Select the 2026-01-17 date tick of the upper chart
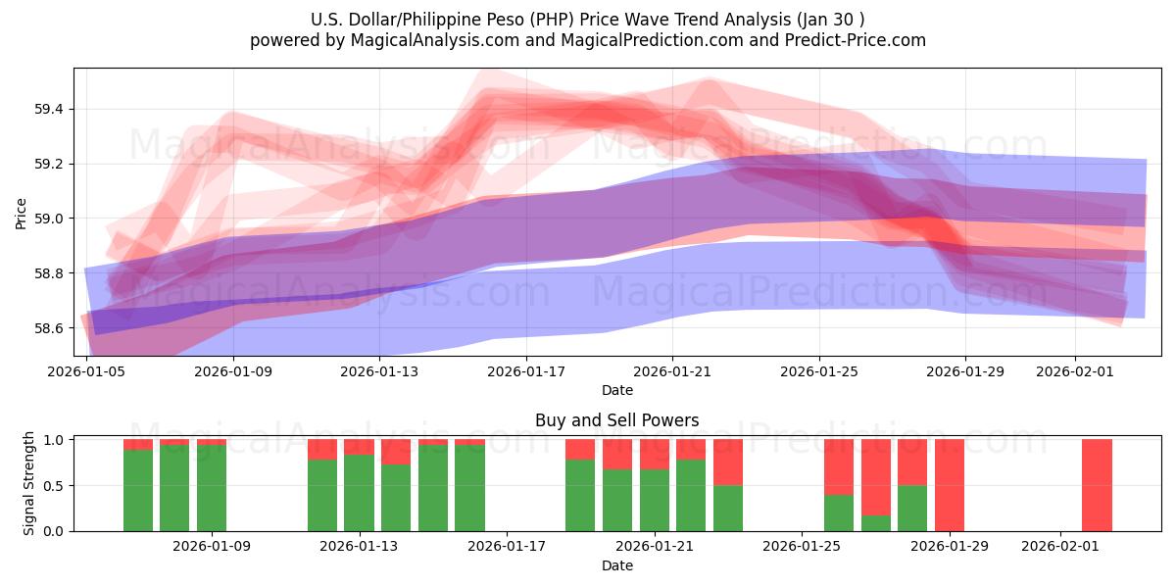(x=526, y=371)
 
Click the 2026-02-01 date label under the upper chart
(x=1076, y=371)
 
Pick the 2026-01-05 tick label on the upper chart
(x=87, y=371)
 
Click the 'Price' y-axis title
(x=21, y=212)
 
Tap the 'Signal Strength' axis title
(x=29, y=483)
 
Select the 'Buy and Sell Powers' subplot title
(x=616, y=420)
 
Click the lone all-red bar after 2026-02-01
(x=1097, y=485)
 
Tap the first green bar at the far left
(x=138, y=490)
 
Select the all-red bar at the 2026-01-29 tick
(x=950, y=485)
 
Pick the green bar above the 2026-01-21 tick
(x=655, y=500)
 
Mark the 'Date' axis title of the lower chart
(x=616, y=565)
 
